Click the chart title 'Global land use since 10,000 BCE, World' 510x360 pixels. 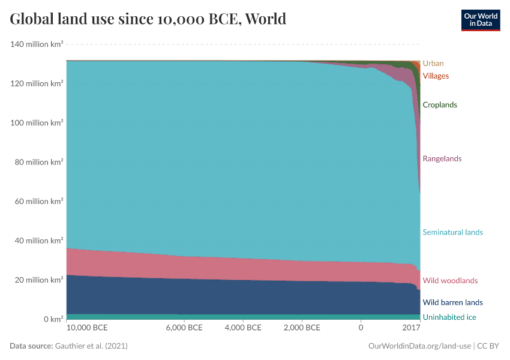pyautogui.click(x=148, y=19)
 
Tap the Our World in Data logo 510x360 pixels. pyautogui.click(x=480, y=20)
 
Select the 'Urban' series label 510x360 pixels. pyautogui.click(x=433, y=63)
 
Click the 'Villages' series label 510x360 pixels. pyautogui.click(x=436, y=76)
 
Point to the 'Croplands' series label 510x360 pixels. pyautogui.click(x=440, y=105)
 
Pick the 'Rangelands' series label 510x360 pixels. pyautogui.click(x=442, y=158)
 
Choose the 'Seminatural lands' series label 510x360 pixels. pyautogui.click(x=452, y=232)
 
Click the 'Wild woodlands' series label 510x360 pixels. pyautogui.click(x=450, y=280)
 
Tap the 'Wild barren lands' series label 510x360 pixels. pyautogui.click(x=452, y=302)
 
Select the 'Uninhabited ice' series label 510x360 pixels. pyautogui.click(x=449, y=317)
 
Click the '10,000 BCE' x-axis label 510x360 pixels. pyautogui.click(x=87, y=328)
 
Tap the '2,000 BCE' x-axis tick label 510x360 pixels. pyautogui.click(x=301, y=328)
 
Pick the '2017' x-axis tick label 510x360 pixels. pyautogui.click(x=411, y=328)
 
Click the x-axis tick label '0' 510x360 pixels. pyautogui.click(x=361, y=328)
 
